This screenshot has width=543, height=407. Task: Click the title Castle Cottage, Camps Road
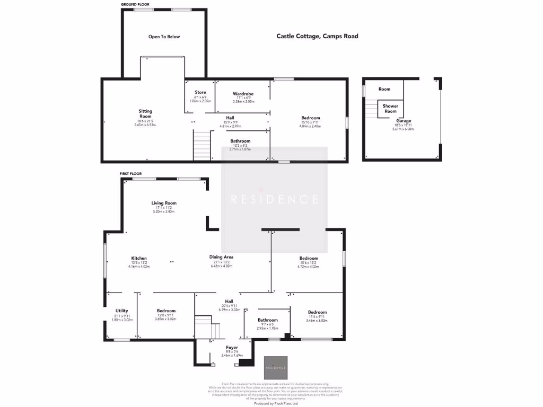317,36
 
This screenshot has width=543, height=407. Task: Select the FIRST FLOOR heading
130,173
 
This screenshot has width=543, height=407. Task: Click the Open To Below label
164,37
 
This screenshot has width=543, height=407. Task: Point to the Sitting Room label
145,113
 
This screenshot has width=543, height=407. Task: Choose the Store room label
200,92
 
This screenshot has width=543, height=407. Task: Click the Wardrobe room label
243,94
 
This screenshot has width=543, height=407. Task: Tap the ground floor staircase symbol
202,146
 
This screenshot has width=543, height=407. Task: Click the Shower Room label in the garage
390,109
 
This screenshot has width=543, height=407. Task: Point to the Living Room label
164,203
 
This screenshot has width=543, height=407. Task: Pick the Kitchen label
139,259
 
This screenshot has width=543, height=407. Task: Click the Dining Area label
221,257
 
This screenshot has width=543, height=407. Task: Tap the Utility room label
121,311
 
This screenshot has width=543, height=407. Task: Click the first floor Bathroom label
267,320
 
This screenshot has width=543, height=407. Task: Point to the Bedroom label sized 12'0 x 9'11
166,311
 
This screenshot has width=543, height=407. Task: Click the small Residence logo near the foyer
276,367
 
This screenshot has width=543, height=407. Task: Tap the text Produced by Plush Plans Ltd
276,403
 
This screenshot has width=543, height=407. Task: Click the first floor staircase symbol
207,328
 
